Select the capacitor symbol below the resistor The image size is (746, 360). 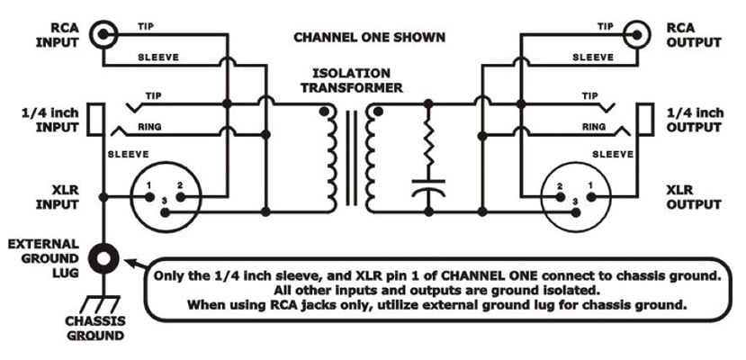pos(428,190)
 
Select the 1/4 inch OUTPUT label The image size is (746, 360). pos(694,121)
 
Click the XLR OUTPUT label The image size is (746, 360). pos(694,198)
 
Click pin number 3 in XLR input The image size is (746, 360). pos(165,212)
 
